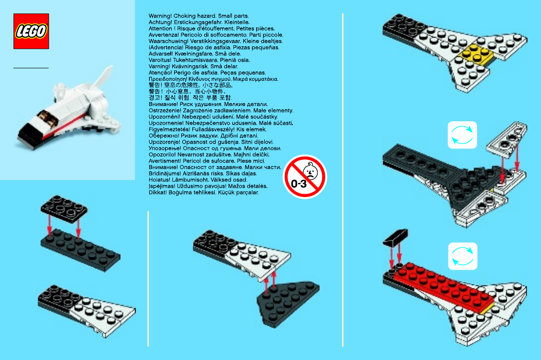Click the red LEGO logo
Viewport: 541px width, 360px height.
31,31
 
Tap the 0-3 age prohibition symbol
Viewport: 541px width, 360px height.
305,177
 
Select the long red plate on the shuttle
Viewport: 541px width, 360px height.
443,287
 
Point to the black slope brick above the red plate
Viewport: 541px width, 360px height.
395,237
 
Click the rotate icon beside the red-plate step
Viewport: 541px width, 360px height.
463,256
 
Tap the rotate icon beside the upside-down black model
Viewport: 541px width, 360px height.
462,135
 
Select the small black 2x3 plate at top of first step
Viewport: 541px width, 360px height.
64,209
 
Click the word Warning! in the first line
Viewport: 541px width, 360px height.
160,16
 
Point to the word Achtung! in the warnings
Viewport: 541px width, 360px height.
160,22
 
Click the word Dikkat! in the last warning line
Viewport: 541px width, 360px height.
158,192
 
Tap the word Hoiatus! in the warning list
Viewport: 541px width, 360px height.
160,180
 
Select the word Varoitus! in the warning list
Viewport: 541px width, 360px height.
160,60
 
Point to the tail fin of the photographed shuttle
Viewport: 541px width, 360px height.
103,78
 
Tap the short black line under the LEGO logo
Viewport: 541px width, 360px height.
31,68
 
